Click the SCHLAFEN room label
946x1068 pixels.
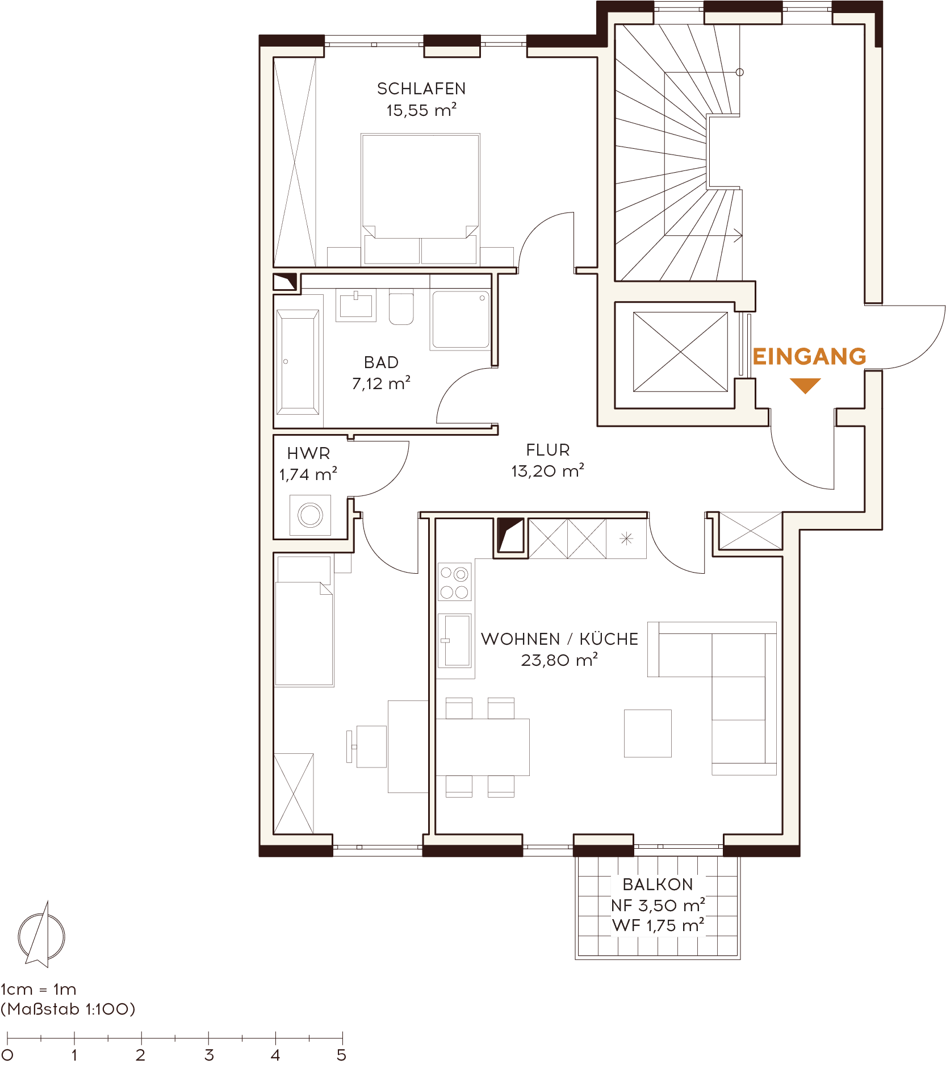(421, 89)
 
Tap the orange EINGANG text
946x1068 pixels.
(809, 357)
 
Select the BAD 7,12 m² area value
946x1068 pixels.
(381, 384)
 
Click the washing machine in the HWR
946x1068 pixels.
(310, 515)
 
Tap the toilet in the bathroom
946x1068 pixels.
(401, 307)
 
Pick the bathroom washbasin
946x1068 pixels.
(356, 305)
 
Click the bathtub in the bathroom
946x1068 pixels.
(298, 362)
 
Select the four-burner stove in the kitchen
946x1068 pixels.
(454, 582)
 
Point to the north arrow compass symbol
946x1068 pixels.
(41, 934)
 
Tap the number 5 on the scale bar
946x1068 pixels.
(341, 1056)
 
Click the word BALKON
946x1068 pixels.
(658, 885)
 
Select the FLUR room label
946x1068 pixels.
(548, 450)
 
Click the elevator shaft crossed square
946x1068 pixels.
(680, 352)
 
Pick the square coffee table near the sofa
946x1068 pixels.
(647, 733)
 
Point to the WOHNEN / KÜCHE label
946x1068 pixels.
(560, 639)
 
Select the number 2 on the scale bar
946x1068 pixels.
(140, 1056)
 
